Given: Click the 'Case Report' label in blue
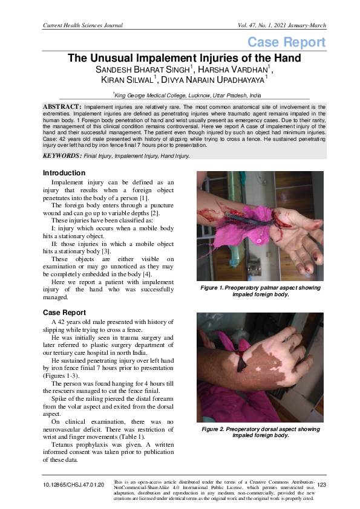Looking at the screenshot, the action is (x=286, y=42).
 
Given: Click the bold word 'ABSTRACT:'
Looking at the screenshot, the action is (x=61, y=106).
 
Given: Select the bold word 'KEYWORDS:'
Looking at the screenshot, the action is (x=62, y=155).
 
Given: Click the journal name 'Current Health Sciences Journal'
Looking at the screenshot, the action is (x=83, y=25).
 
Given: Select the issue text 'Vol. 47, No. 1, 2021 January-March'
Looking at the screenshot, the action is (x=275, y=25).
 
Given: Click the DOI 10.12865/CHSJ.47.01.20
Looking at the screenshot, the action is (x=74, y=485).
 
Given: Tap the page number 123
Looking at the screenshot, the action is (x=321, y=485).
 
